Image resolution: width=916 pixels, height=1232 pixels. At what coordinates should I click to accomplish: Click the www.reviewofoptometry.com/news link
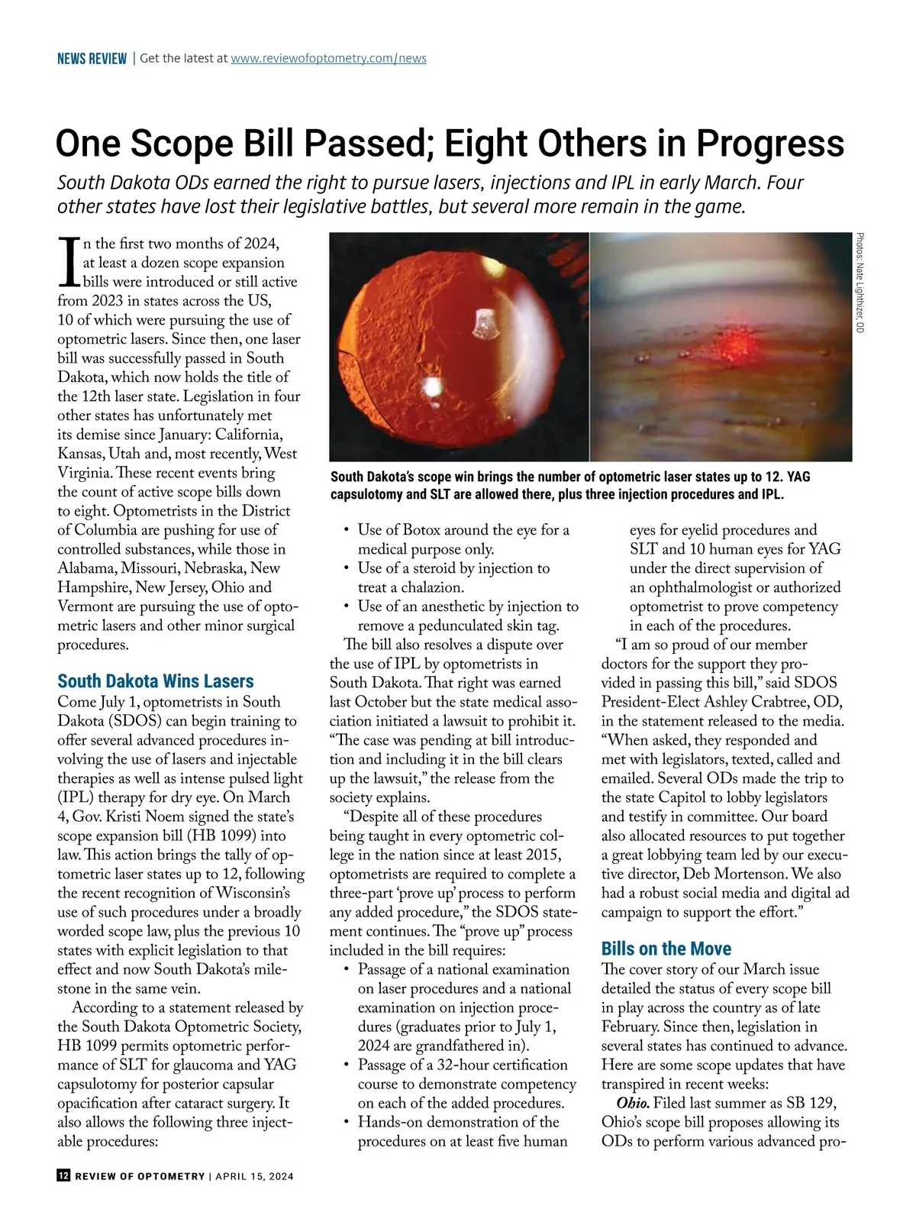[328, 58]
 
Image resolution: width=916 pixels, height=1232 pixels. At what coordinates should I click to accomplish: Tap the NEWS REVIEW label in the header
[92, 59]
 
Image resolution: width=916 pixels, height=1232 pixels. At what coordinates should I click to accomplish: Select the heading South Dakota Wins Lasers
[156, 681]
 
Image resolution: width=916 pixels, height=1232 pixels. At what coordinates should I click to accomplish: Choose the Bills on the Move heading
[666, 949]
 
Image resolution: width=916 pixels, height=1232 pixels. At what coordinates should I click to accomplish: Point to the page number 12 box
[63, 1176]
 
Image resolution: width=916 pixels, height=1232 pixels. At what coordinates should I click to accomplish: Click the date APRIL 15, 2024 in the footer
[254, 1176]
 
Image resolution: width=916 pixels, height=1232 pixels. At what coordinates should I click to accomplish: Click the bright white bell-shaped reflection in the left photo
[482, 324]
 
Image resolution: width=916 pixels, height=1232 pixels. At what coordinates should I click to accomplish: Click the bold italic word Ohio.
[633, 1104]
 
